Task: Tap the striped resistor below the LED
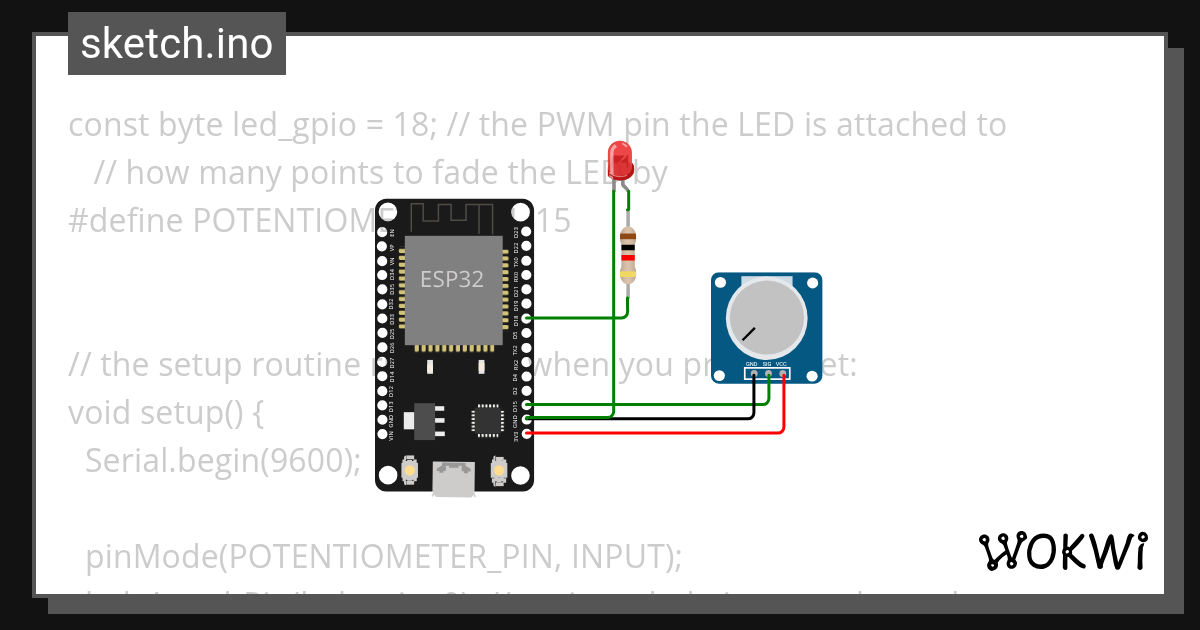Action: pos(628,254)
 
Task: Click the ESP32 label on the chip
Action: pos(451,279)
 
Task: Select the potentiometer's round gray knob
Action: pos(766,317)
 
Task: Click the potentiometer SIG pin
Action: pos(767,375)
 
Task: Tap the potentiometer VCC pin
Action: pos(782,375)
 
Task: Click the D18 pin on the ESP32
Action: pos(527,317)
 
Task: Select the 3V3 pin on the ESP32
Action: pos(527,433)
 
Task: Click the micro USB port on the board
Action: pos(453,480)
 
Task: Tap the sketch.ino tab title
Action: pos(177,44)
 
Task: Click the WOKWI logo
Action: pos(1063,551)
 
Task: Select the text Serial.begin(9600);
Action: pos(222,460)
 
